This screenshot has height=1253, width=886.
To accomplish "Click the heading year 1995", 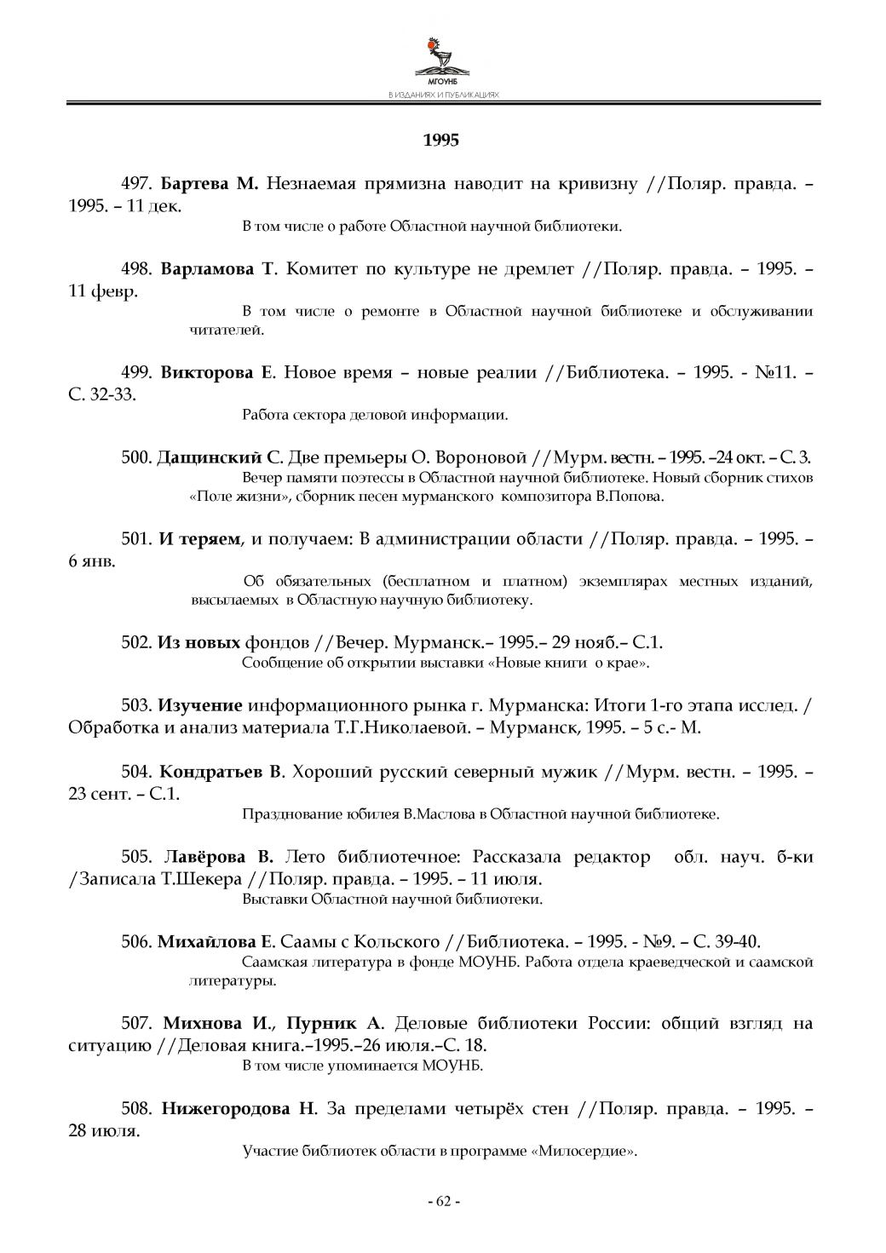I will [x=441, y=140].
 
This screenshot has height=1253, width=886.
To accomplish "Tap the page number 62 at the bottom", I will [x=443, y=1201].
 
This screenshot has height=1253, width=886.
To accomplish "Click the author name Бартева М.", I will [x=209, y=185].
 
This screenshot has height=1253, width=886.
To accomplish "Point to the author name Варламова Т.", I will [x=218, y=269].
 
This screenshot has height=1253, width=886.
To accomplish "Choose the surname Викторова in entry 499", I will [x=207, y=372].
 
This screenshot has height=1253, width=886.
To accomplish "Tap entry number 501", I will [x=136, y=538].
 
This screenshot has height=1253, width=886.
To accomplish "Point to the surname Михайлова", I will [x=206, y=941].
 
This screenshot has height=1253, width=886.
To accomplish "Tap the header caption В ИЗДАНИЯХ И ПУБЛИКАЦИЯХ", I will [x=442, y=95].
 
